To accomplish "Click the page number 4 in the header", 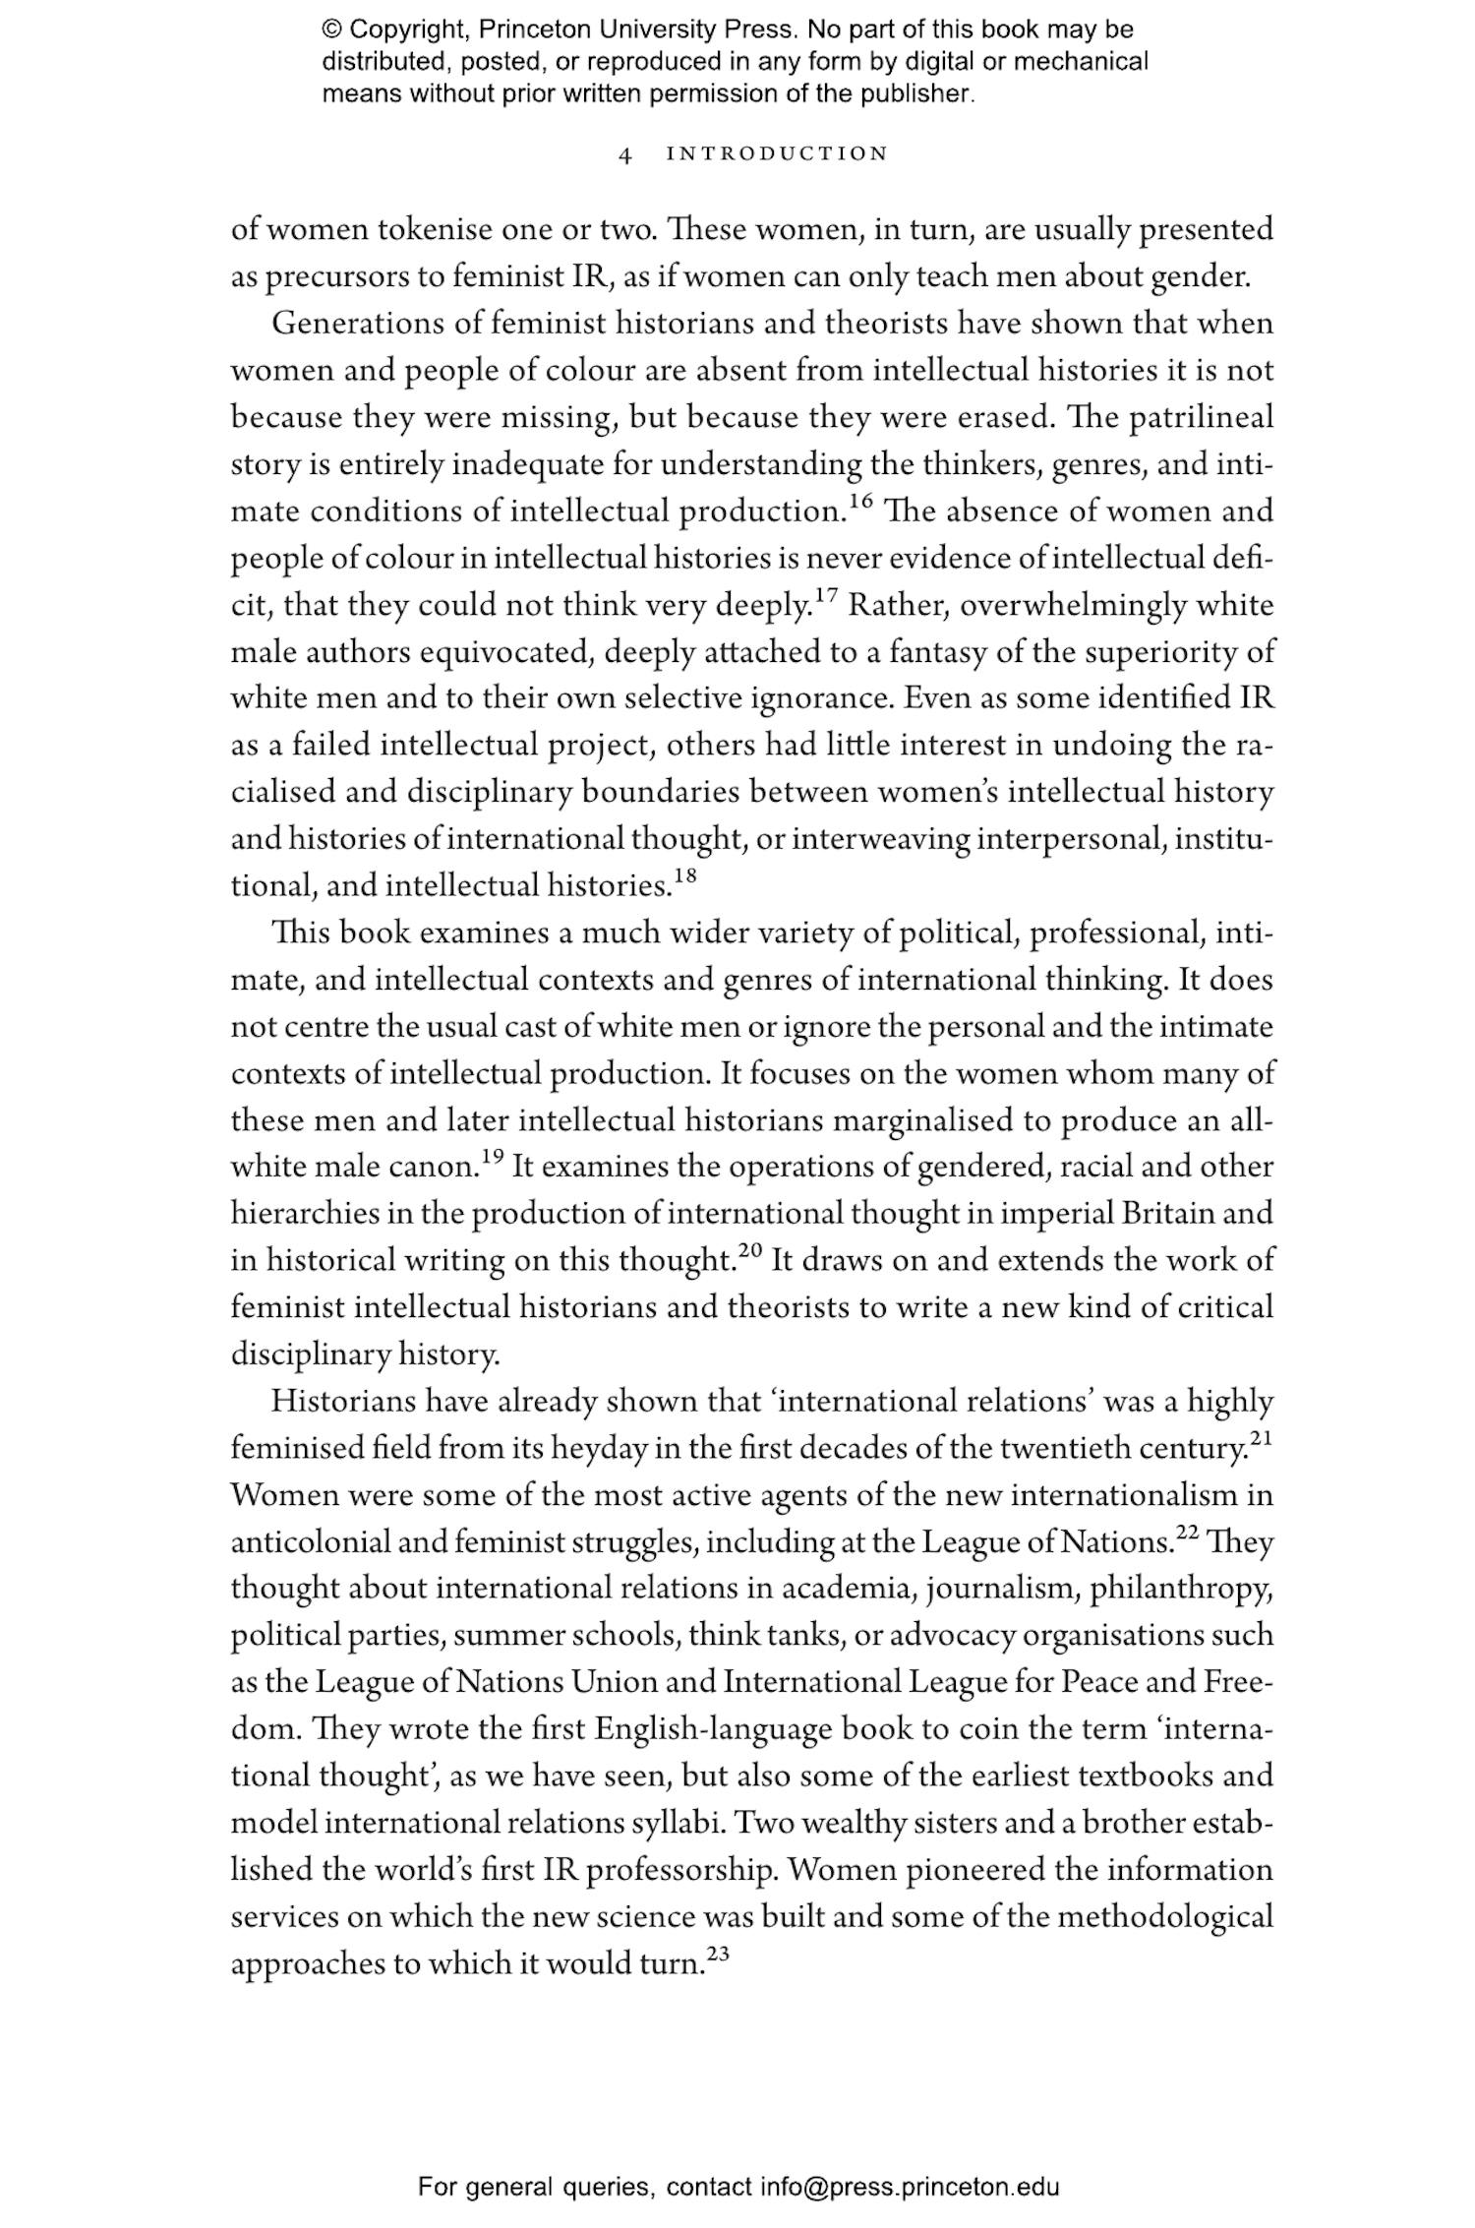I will (x=625, y=154).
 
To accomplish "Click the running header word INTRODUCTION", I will (x=777, y=154).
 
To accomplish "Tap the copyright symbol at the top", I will (x=331, y=30).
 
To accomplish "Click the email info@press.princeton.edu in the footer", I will (x=909, y=2188).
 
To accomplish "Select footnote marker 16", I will (x=860, y=503).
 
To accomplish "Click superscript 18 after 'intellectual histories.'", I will (x=684, y=877).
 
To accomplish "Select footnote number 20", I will (x=750, y=1251).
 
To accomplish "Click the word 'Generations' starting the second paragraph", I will (x=343, y=324).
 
